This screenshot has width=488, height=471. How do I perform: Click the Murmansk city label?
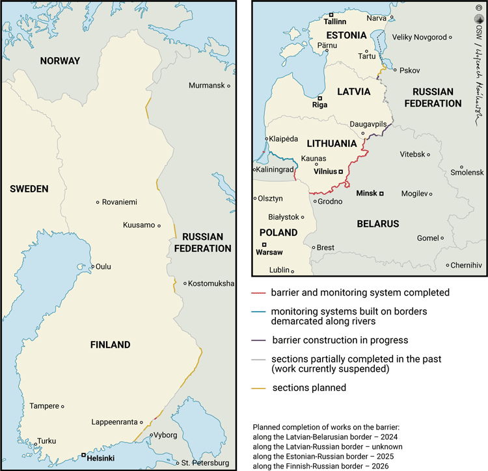pyautogui.click(x=206, y=86)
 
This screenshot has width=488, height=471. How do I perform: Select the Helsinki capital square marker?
pyautogui.click(x=83, y=455)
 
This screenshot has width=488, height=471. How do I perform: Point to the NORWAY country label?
pyautogui.click(x=60, y=61)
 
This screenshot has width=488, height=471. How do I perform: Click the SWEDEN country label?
pyautogui.click(x=29, y=189)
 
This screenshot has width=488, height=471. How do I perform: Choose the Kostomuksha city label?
pyautogui.click(x=212, y=283)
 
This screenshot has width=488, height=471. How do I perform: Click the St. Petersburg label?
pyautogui.click(x=205, y=463)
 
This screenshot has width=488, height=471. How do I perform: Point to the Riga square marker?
pyautogui.click(x=319, y=98)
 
